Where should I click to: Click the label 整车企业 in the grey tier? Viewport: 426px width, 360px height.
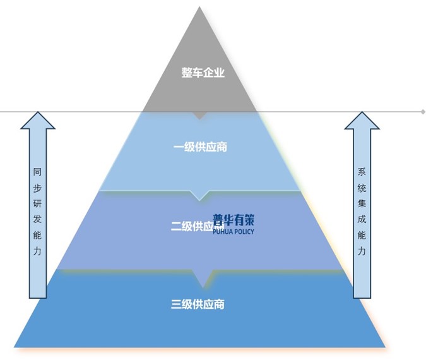pos(203,73)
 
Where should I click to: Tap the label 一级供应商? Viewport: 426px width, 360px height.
pos(200,147)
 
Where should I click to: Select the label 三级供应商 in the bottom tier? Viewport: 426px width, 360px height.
pos(198,304)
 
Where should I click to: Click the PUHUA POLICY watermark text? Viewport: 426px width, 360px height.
pos(234,232)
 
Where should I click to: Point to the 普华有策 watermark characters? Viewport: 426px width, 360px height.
pos(234,220)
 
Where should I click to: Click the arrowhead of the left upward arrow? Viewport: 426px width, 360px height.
pos(38,121)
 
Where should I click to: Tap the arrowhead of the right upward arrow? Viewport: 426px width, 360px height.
pos(362,121)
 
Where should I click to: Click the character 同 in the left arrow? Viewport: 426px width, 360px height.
pos(38,171)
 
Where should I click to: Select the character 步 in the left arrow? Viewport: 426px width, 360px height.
pos(38,188)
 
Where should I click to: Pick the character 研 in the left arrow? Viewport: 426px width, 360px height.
pos(38,203)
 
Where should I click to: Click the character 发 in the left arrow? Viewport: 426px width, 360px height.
pos(38,219)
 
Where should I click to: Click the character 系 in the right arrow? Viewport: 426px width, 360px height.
pos(362,171)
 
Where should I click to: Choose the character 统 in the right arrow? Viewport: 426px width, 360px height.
pos(362,188)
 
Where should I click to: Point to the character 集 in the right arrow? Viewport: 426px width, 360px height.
pos(362,203)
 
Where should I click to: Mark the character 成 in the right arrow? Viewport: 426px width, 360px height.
pos(362,219)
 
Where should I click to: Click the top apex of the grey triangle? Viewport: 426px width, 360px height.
pos(199,8)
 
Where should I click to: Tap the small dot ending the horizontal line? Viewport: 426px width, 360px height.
pos(423,112)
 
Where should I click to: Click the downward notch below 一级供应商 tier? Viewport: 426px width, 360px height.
pos(199,196)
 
